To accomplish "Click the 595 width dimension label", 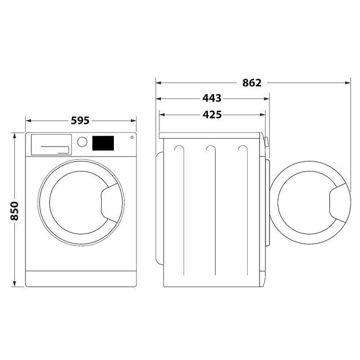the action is (80, 121).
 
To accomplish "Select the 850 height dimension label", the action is (14, 211).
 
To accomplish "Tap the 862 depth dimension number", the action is (252, 83).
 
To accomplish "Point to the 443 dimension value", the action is (212, 98).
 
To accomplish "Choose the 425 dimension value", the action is (212, 114).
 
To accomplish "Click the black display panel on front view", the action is (103, 143).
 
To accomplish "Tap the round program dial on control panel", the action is (82, 142).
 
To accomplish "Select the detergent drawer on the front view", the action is (51, 145).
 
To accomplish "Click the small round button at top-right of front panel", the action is (132, 137).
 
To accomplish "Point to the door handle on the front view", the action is (109, 203).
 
